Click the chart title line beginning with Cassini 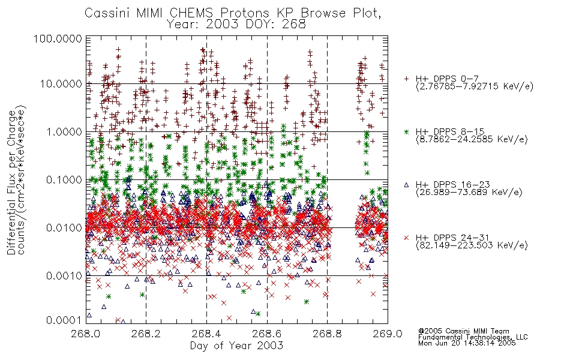(233, 13)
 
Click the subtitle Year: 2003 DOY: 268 (236, 25)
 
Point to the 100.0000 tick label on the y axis (58, 38)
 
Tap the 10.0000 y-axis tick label (61, 84)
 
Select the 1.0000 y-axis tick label (64, 131)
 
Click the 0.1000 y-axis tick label (64, 179)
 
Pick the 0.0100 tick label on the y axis (64, 228)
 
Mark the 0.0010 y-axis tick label (64, 276)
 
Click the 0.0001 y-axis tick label (64, 320)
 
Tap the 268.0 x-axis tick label (86, 334)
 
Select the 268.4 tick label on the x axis (206, 334)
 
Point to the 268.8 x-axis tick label (327, 334)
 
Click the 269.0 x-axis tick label (388, 334)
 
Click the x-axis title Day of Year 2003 (236, 346)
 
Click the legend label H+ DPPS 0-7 (447, 79)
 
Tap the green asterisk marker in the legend (406, 132)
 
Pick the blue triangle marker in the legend (406, 185)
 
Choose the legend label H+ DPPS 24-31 (452, 238)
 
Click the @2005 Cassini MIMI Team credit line (464, 331)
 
